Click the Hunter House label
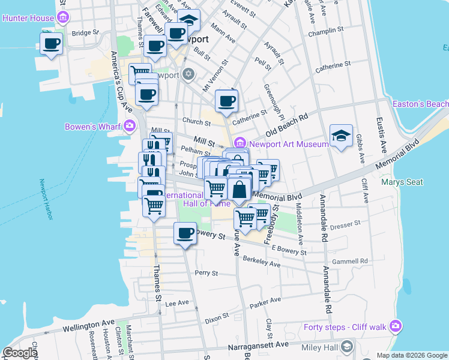(x=28, y=18)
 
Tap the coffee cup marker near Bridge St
(x=52, y=44)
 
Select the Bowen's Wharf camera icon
(x=129, y=126)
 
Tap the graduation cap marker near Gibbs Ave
(x=341, y=136)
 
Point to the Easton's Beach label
(x=420, y=104)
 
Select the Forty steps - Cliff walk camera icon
(x=395, y=326)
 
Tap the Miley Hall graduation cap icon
(x=347, y=347)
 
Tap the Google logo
(x=19, y=353)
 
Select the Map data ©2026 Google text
(x=412, y=355)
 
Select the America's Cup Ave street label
(x=121, y=75)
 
